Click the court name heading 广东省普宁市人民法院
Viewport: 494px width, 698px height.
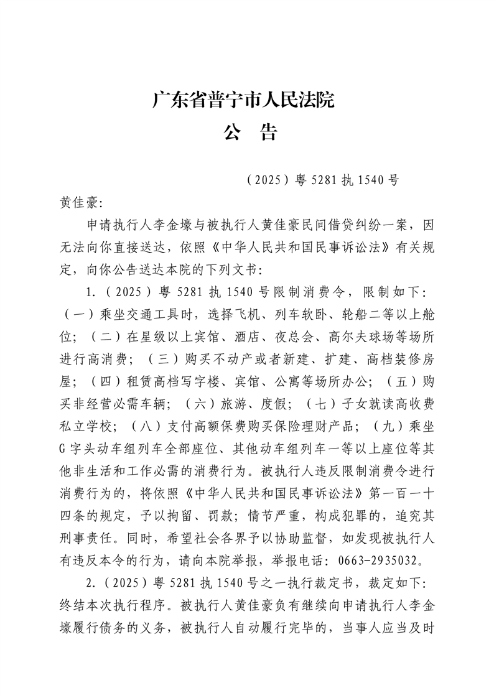[243, 100]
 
